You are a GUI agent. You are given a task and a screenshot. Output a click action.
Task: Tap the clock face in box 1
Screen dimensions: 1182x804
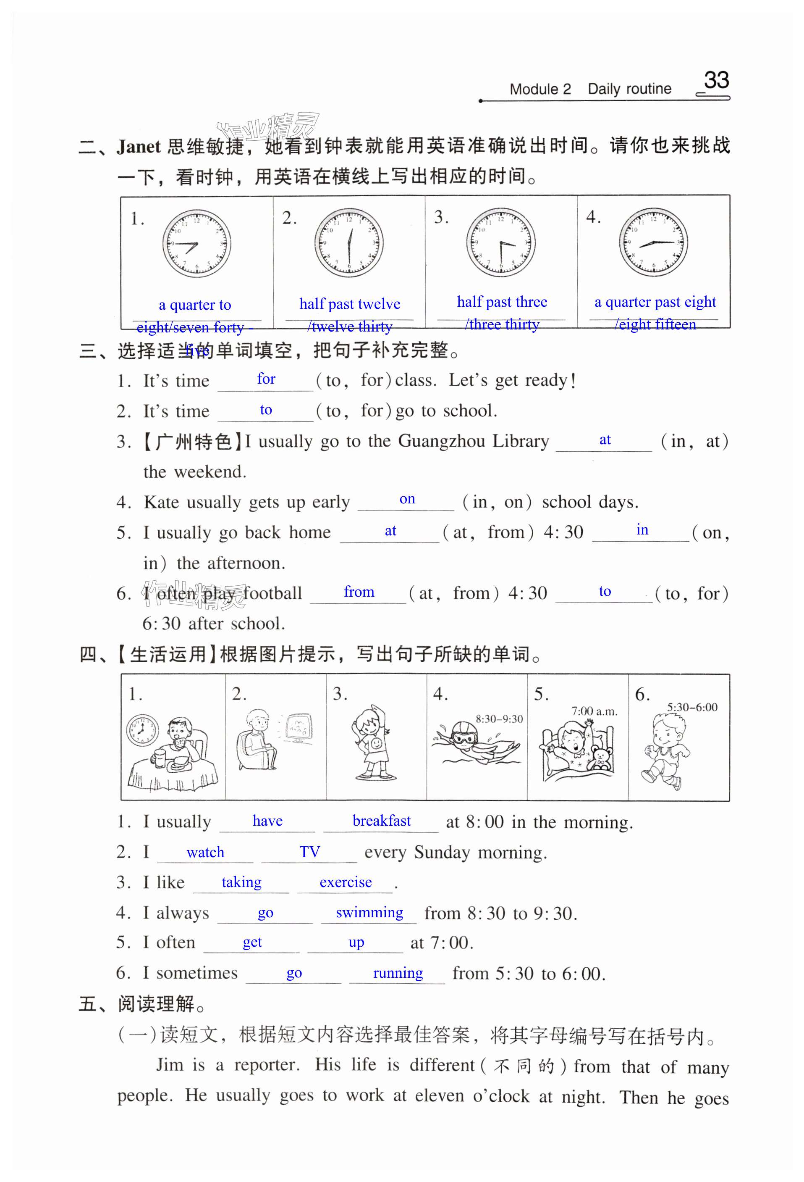coord(196,243)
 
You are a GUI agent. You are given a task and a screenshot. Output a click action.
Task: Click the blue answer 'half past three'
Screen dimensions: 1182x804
coord(502,302)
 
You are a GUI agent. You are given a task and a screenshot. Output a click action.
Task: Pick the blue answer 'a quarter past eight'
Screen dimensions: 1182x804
coord(655,302)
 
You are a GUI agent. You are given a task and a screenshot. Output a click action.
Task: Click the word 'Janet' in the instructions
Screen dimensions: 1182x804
coord(138,147)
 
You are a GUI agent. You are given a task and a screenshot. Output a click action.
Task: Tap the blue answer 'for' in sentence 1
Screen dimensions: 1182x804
coord(266,379)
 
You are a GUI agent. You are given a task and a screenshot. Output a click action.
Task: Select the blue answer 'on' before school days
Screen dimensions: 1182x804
coord(407,500)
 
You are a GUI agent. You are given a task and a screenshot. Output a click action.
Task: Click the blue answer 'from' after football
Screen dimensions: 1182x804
coord(359,592)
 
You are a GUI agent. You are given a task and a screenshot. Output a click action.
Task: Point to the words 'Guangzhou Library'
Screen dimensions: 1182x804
coord(473,442)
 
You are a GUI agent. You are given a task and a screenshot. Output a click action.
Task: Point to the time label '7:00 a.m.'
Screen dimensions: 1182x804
coord(594,711)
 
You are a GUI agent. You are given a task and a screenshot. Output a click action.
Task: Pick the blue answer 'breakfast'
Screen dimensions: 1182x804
coord(381,821)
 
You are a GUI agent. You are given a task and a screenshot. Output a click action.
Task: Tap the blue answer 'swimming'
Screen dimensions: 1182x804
coord(369,912)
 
